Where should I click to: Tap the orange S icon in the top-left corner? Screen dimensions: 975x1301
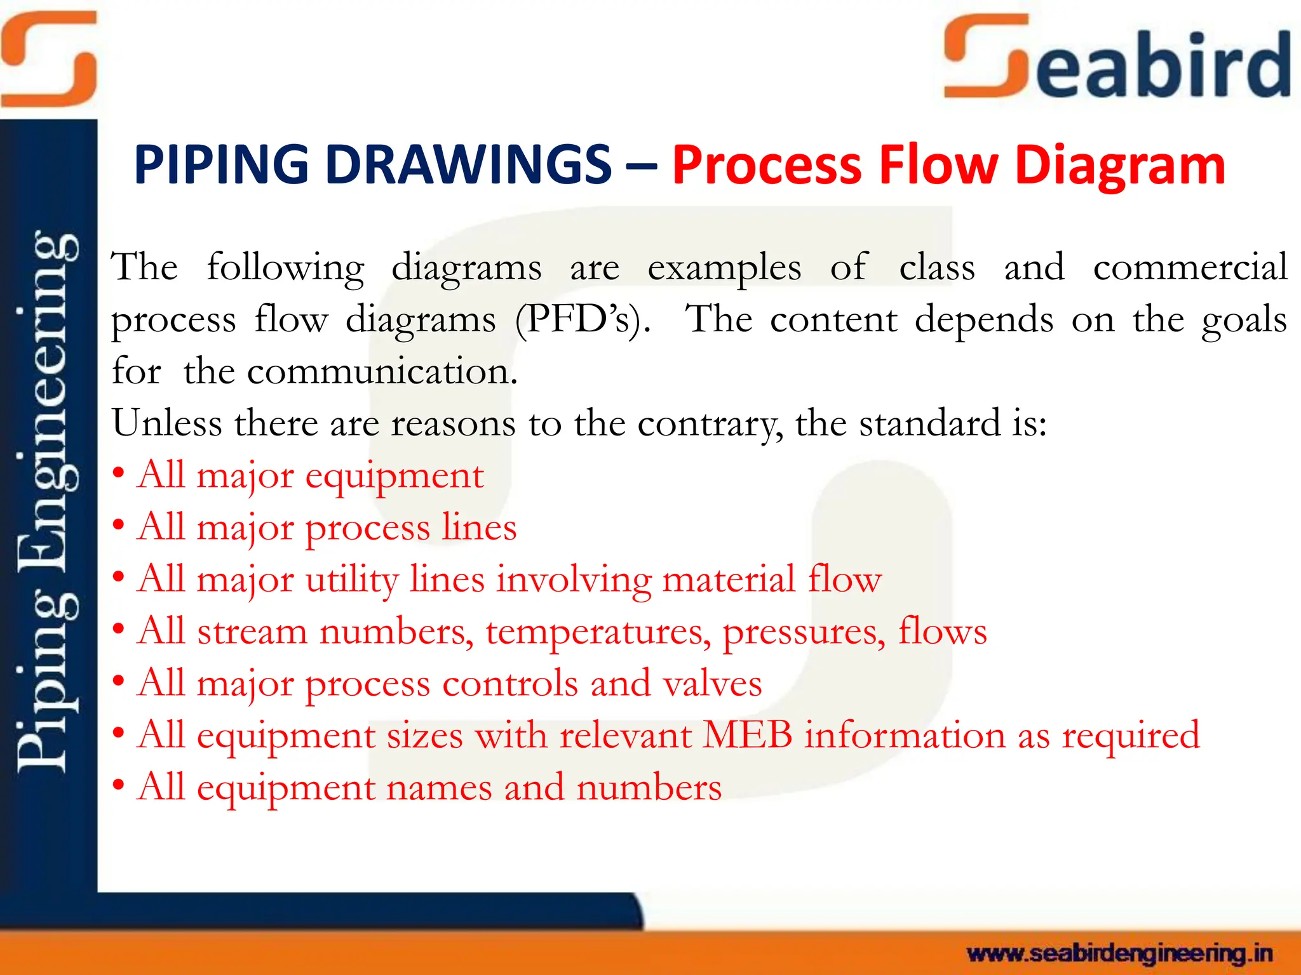tap(49, 58)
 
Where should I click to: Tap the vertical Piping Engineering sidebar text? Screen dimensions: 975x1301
tap(48, 501)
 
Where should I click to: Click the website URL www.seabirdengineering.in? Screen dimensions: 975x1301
tap(1119, 953)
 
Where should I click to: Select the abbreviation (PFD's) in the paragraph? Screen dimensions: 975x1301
tap(583, 319)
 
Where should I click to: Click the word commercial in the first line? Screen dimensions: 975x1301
tap(1190, 267)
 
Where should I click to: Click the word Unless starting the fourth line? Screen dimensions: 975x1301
tap(167, 423)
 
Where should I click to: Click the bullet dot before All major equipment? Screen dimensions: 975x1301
tap(118, 474)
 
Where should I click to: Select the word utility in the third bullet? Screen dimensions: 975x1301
tap(352, 580)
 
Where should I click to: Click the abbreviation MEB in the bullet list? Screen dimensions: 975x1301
tap(748, 736)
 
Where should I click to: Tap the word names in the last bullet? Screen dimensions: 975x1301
tap(439, 788)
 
